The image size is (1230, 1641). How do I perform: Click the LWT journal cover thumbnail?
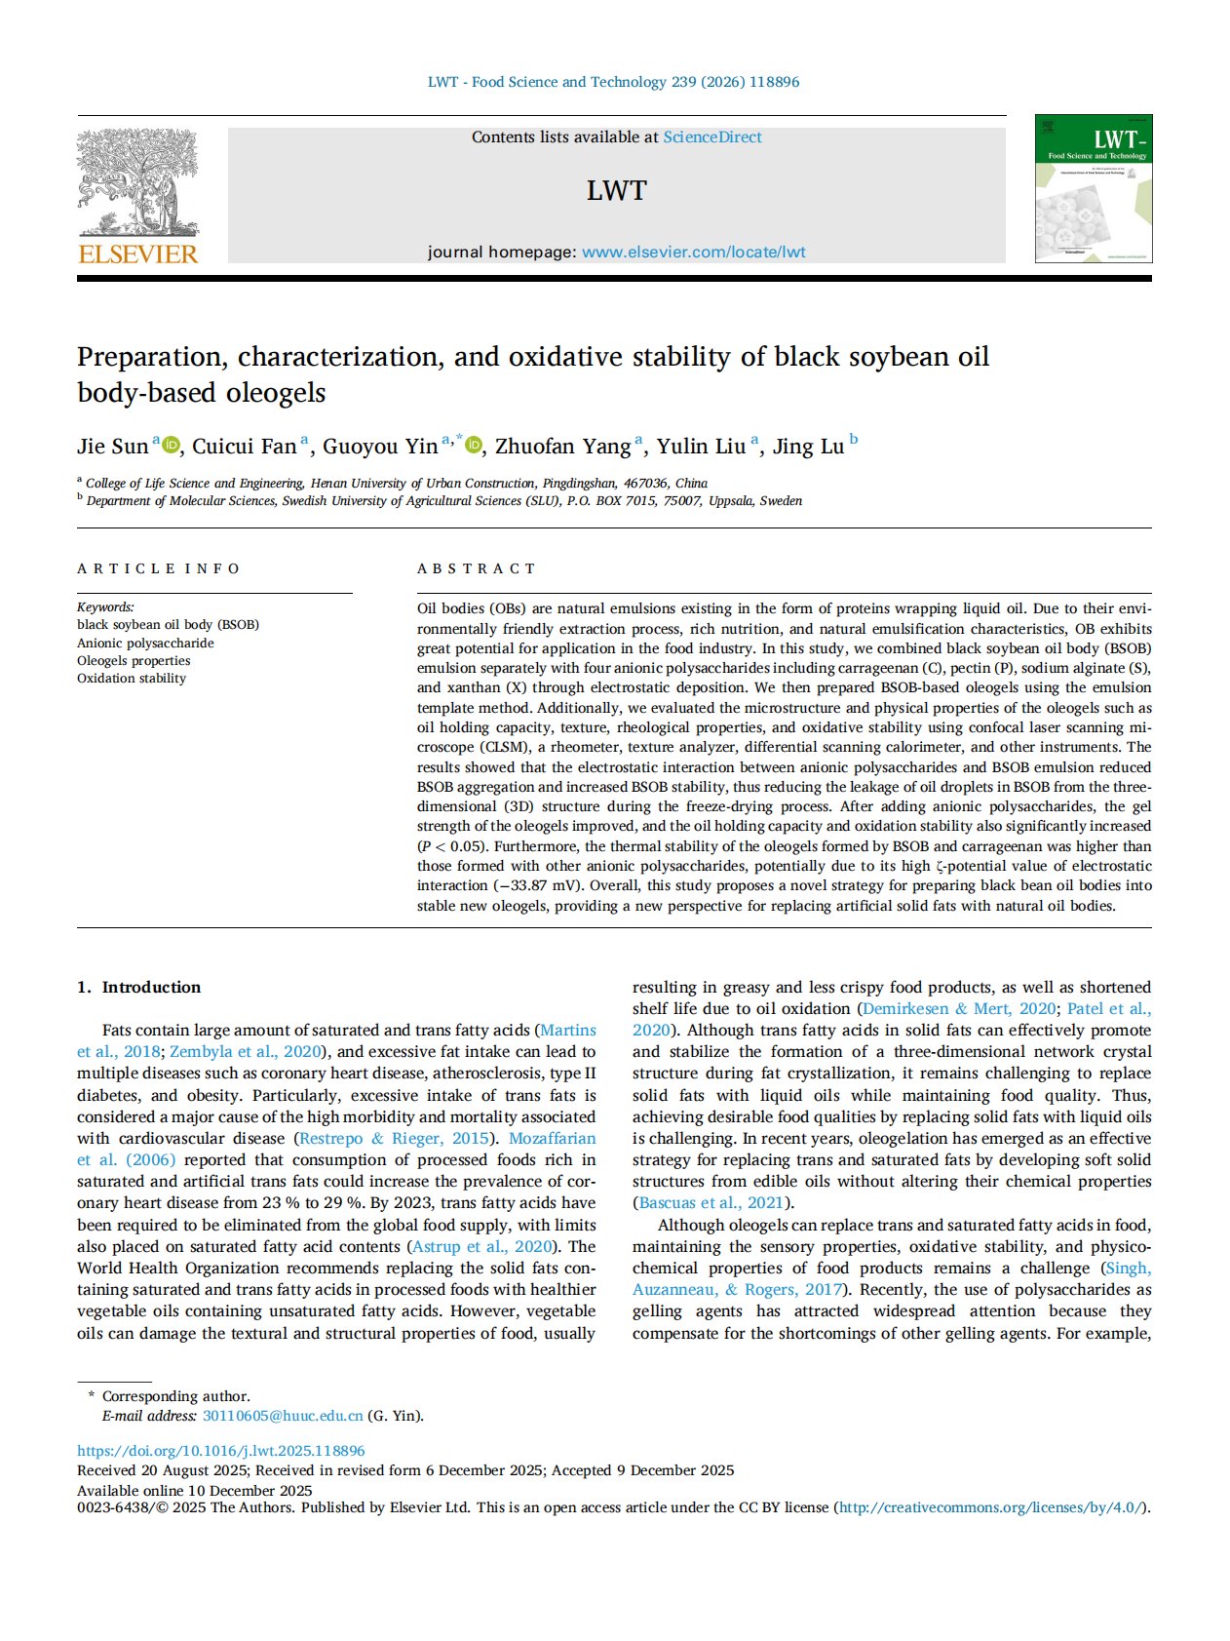pos(1093,188)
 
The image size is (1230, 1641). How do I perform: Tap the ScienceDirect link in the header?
pos(712,137)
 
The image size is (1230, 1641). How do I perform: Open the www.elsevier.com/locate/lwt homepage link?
pos(693,252)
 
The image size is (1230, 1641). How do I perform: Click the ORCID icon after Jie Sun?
pos(172,446)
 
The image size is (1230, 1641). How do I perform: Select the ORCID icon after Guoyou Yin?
pos(474,446)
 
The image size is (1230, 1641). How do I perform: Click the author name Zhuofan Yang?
pos(562,447)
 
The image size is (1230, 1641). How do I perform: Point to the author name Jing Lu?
pos(808,447)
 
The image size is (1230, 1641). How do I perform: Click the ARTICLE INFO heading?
pos(159,568)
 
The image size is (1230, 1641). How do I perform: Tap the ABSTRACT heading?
pos(477,568)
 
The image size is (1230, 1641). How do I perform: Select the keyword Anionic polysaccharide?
pos(145,643)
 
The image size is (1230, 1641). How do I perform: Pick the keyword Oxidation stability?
pos(132,678)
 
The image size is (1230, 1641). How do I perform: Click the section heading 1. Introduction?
pos(139,987)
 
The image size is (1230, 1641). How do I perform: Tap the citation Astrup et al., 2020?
pos(482,1246)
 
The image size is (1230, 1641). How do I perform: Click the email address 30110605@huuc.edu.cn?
pos(283,1416)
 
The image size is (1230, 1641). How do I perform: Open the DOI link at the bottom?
pos(221,1451)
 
